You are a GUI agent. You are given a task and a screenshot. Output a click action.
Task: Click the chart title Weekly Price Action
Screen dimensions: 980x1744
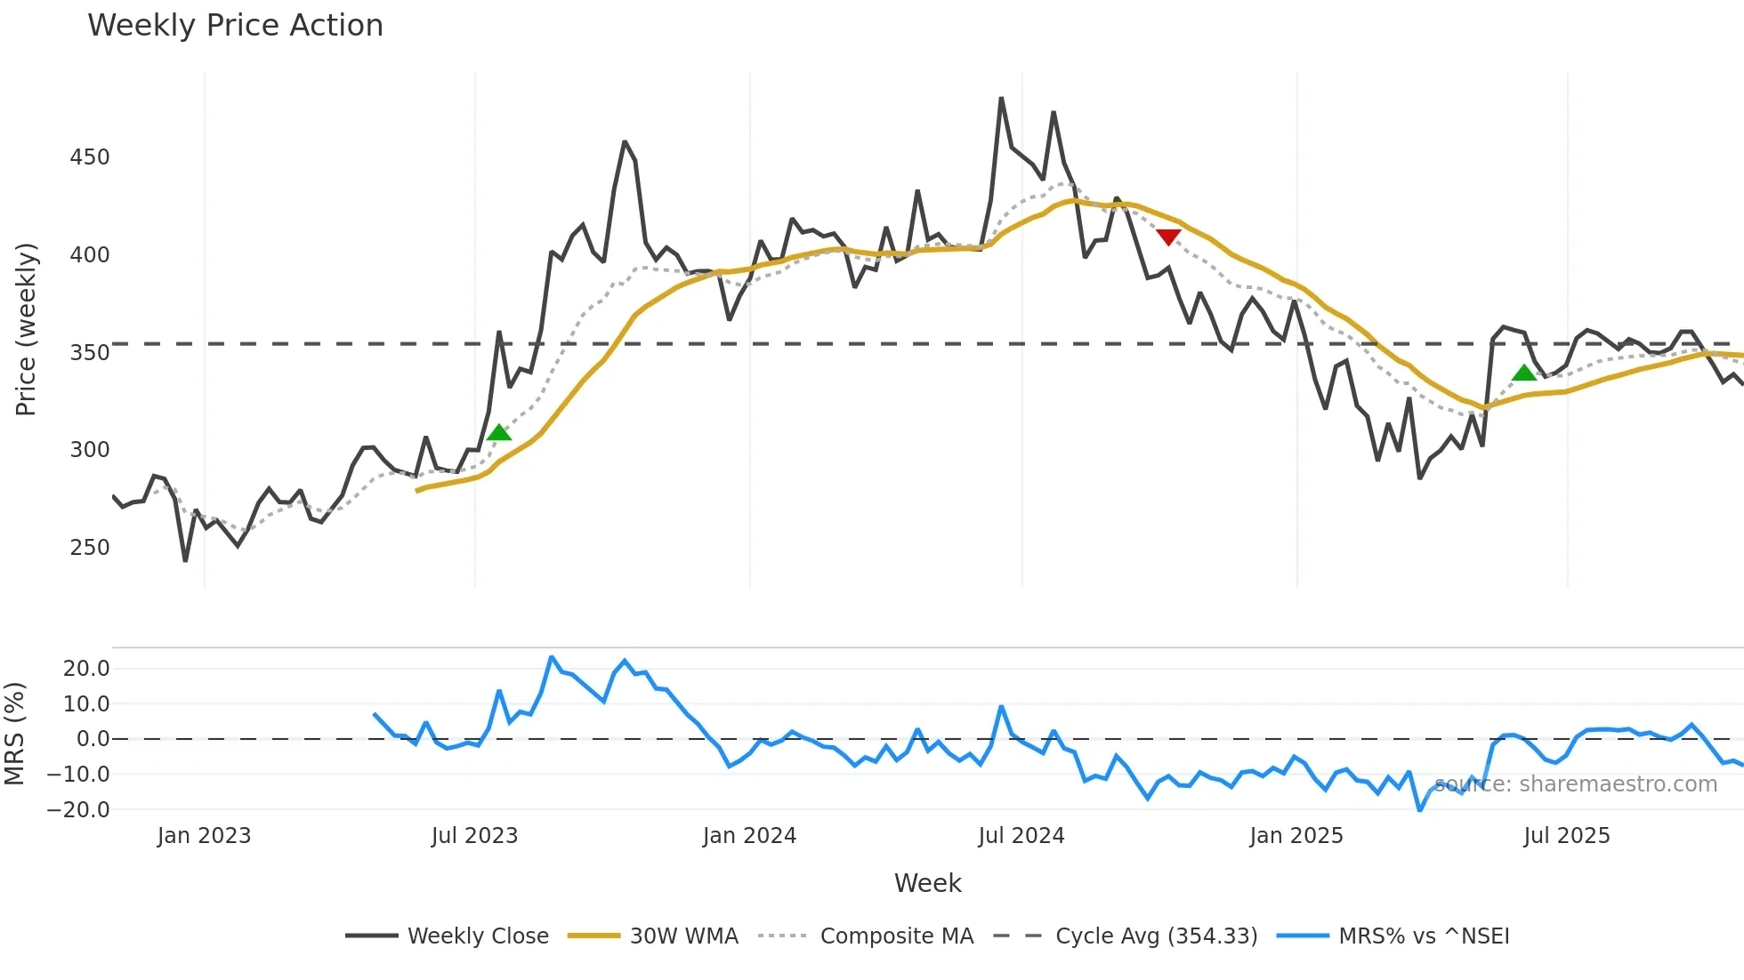pyautogui.click(x=235, y=26)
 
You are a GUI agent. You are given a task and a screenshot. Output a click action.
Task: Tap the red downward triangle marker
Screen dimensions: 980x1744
pyautogui.click(x=1168, y=237)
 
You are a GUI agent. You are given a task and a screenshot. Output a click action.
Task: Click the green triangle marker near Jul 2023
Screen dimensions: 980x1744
pyautogui.click(x=499, y=432)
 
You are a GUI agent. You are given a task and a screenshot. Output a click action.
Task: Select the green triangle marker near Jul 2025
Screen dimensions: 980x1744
pyautogui.click(x=1524, y=373)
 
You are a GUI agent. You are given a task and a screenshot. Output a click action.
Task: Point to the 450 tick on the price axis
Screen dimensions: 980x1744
pyautogui.click(x=90, y=157)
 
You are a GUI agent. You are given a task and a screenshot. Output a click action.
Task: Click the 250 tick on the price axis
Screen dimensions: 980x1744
pyautogui.click(x=90, y=547)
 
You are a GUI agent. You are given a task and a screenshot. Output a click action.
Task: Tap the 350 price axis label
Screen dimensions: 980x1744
pyautogui.click(x=90, y=352)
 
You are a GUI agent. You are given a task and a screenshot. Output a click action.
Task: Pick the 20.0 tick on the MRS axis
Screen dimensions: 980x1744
pyautogui.click(x=86, y=669)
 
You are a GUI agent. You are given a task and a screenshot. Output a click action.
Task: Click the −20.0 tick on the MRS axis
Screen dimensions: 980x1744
pyautogui.click(x=79, y=809)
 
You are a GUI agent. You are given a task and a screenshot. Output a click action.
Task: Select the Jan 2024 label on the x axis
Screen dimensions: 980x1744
pyautogui.click(x=749, y=836)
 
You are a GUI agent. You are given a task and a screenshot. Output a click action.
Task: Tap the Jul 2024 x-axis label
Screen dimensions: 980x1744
pyautogui.click(x=1021, y=836)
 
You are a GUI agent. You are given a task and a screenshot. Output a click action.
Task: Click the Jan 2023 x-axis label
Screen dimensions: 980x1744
pyautogui.click(x=204, y=836)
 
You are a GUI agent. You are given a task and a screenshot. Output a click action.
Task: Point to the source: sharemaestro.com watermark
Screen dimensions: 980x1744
pyautogui.click(x=1575, y=784)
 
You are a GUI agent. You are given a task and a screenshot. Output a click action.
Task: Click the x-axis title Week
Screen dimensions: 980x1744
pyautogui.click(x=927, y=883)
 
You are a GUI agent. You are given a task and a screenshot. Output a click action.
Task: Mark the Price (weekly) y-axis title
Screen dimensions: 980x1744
pyautogui.click(x=26, y=329)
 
